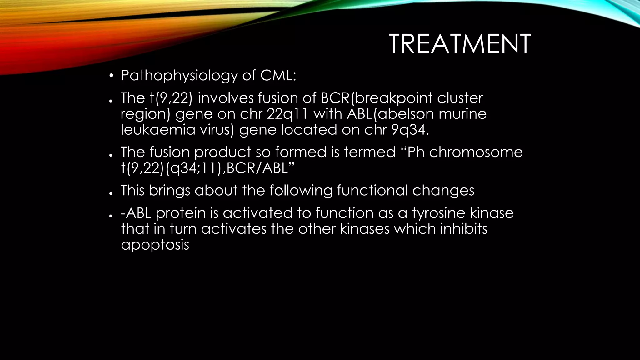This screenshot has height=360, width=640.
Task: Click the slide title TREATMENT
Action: coord(460,44)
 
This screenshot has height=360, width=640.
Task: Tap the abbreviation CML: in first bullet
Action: coord(278,76)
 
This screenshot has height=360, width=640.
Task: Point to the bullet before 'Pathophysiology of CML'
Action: coord(111,76)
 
